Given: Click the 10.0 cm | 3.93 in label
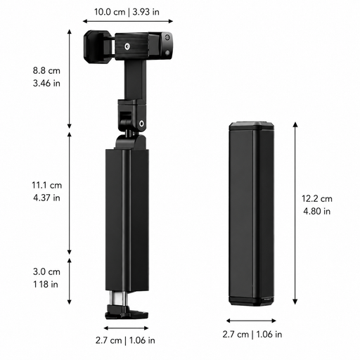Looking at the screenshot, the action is coord(127,12).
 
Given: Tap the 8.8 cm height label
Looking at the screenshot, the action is coord(46,70).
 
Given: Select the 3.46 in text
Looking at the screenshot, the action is coord(46,83).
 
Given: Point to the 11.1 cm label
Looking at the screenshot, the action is coord(47,185).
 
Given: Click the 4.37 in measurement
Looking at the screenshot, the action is coord(46,198).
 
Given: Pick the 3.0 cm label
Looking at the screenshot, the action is coord(46,271).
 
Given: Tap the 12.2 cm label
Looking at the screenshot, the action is coord(317,198).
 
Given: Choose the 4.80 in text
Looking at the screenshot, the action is coord(317,211).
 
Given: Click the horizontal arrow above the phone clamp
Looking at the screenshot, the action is coord(128,21).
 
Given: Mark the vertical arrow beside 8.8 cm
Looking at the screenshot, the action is coord(70,79).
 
